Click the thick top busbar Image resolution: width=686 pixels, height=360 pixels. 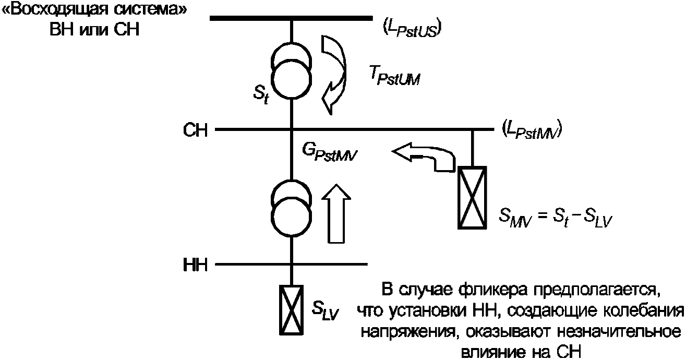coord(291,18)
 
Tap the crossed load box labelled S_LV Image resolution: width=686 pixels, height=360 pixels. coord(291,310)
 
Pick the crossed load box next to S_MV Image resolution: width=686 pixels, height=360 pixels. coord(472,198)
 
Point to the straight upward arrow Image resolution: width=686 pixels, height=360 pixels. coord(336,213)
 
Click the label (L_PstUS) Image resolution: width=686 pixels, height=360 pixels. coord(412,29)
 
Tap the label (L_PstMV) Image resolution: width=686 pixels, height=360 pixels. coord(532,130)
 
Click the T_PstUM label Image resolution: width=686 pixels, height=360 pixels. coord(394,76)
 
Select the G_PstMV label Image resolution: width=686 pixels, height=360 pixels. coord(330,152)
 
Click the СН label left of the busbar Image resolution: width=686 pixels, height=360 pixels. coord(196,130)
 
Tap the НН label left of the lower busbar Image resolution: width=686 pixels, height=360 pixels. coord(196,265)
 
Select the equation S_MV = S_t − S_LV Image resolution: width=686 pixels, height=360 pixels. coord(555,218)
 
